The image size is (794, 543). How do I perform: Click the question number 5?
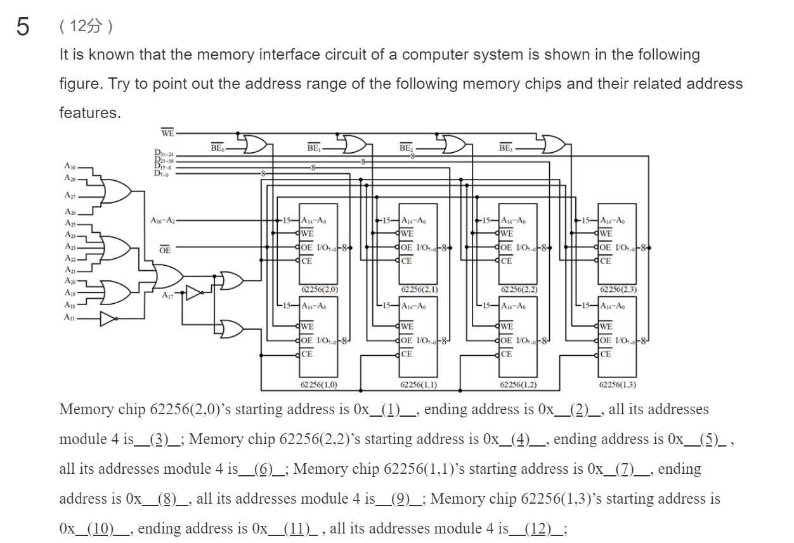pos(23,28)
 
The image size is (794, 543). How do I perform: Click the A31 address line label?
pos(69,318)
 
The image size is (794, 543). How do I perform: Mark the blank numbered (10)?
pos(99,528)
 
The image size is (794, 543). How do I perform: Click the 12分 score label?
pos(86,27)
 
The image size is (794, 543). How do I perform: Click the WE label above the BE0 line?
pos(167,133)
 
